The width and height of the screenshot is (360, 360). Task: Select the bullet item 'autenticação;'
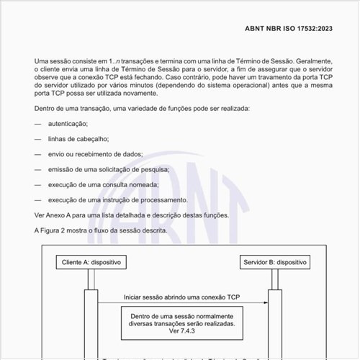71,125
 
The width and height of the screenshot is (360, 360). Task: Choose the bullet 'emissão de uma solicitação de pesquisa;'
109,169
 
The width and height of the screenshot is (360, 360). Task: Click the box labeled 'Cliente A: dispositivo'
91,263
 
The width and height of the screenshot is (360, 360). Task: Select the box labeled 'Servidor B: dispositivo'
276,263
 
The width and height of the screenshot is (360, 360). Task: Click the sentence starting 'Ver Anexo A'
132,215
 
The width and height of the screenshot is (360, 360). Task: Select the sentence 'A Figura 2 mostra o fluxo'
100,230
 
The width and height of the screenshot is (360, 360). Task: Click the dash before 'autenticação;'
37,125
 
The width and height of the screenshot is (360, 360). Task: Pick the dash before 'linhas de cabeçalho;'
37,140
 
